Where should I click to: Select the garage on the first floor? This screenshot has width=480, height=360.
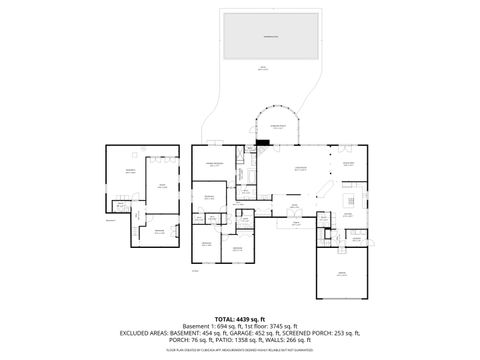pos(342,273)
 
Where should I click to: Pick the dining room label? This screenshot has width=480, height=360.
pos(349,163)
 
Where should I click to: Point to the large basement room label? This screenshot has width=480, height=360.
pos(129,171)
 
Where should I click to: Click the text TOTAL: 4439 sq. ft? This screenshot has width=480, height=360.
pos(240,318)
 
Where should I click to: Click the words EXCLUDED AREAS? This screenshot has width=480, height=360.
pos(149,332)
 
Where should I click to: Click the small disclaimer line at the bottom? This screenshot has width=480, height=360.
pos(240,348)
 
